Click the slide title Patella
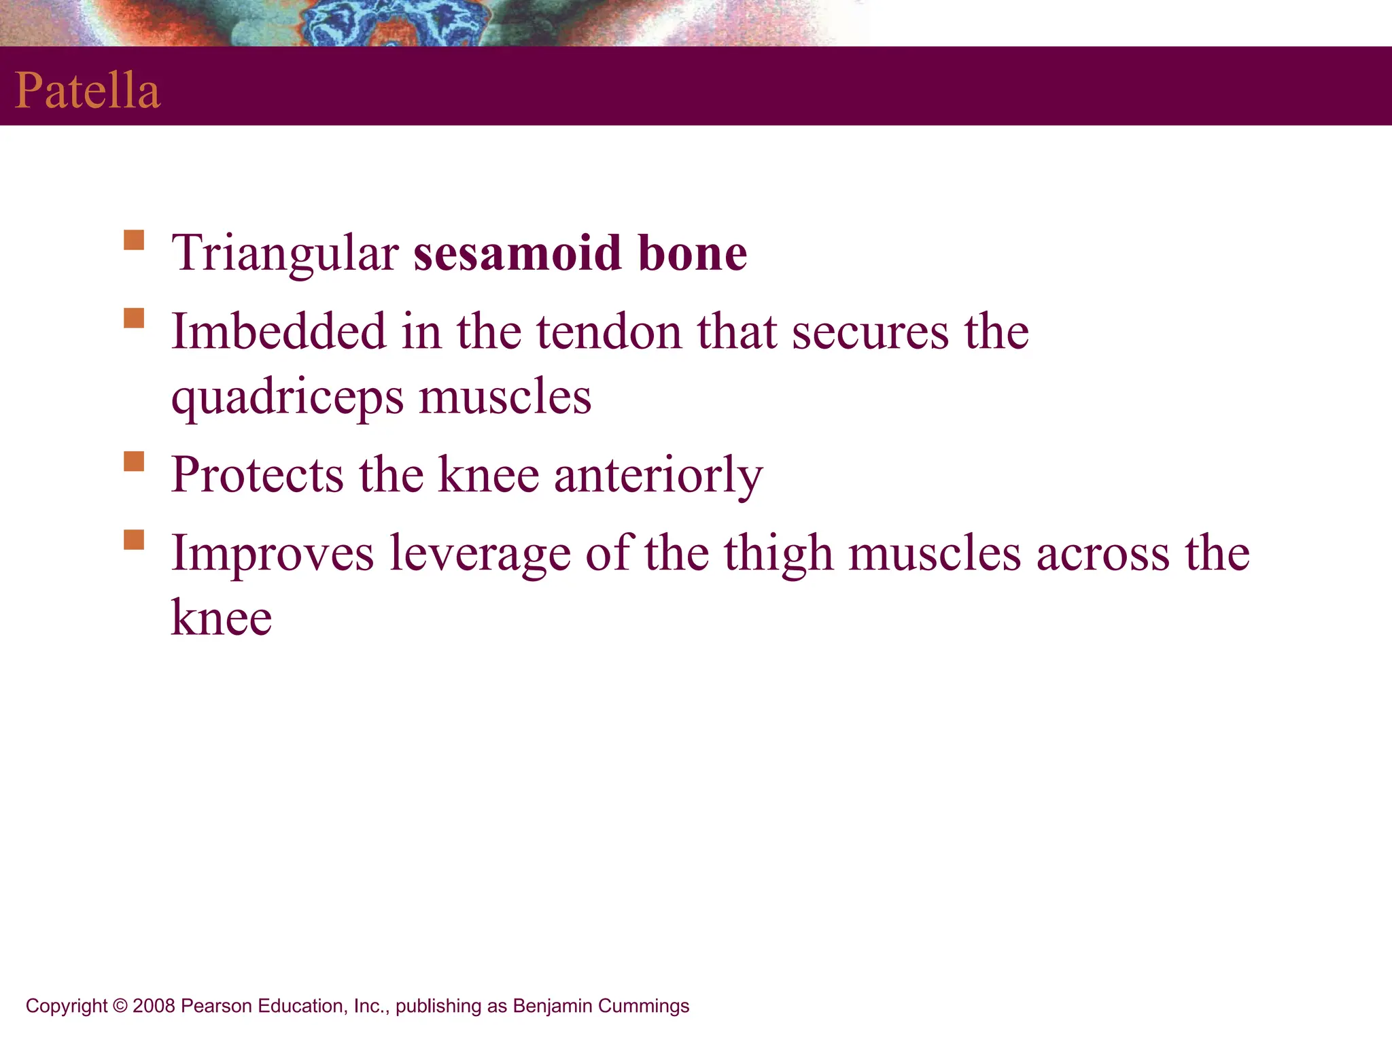pyautogui.click(x=87, y=90)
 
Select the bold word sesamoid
pyautogui.click(x=517, y=253)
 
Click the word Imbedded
pyautogui.click(x=278, y=332)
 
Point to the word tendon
pyautogui.click(x=608, y=332)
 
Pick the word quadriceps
pyautogui.click(x=287, y=398)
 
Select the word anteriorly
pyautogui.click(x=658, y=476)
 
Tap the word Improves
pyautogui.click(x=272, y=553)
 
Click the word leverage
pyautogui.click(x=479, y=555)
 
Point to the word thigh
pyautogui.click(x=778, y=553)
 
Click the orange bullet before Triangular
pyautogui.click(x=134, y=241)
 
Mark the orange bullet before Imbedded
pyautogui.click(x=134, y=318)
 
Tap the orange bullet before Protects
pyautogui.click(x=134, y=462)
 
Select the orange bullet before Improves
pyautogui.click(x=134, y=540)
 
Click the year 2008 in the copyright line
pyautogui.click(x=154, y=1006)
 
